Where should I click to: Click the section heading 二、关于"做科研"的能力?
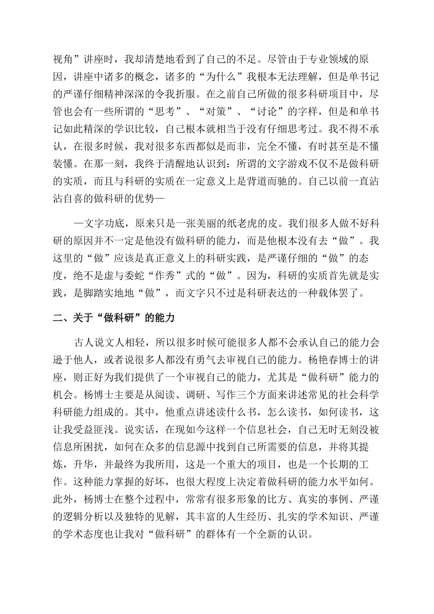[114, 318]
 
